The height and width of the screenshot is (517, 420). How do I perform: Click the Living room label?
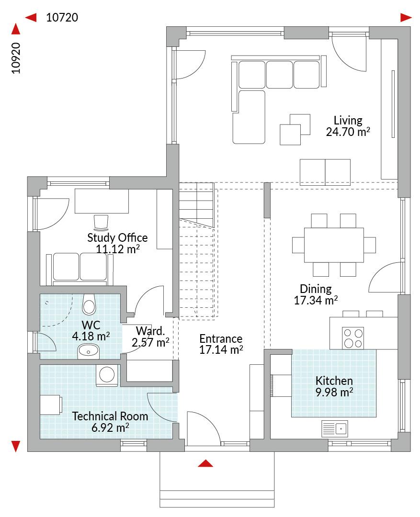[348, 120]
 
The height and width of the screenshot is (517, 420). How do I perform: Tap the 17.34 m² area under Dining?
[316, 300]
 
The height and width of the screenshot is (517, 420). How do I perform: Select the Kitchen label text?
[334, 381]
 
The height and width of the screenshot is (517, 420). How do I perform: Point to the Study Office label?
[117, 238]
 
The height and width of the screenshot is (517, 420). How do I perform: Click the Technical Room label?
[110, 416]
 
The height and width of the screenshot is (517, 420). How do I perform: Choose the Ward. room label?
[150, 331]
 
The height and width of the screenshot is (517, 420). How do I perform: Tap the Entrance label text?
[221, 338]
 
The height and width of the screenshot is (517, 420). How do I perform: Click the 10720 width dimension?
[62, 18]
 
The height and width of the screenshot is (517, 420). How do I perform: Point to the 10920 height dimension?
[16, 58]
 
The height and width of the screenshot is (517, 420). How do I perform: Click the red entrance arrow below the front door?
[205, 463]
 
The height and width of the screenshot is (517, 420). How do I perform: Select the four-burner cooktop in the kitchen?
[352, 338]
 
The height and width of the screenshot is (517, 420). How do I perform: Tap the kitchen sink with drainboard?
[335, 428]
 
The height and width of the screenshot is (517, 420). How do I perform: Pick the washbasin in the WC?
[89, 351]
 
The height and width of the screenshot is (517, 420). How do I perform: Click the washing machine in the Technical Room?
[107, 375]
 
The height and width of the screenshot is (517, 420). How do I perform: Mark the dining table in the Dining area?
[334, 245]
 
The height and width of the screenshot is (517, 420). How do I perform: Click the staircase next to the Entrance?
[197, 250]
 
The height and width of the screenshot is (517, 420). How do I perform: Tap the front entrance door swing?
[204, 427]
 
